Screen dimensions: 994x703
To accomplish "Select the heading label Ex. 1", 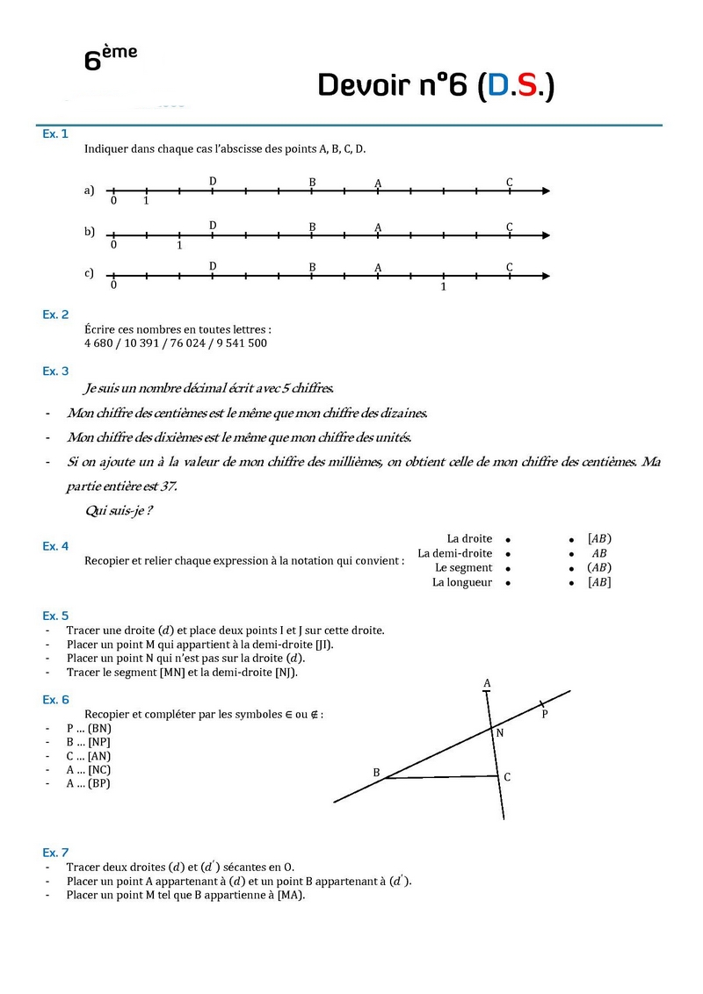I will [x=55, y=134].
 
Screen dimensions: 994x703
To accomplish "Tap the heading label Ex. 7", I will [x=55, y=853].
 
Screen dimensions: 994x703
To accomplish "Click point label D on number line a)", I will [x=213, y=181].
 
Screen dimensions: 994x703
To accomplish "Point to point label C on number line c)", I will [x=510, y=267].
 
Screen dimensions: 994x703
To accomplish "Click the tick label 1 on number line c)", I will [x=443, y=286].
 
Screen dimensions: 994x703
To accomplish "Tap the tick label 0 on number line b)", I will [x=113, y=245].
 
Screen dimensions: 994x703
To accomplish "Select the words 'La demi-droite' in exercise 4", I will [x=454, y=553].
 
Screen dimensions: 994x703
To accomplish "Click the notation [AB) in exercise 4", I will [x=599, y=538].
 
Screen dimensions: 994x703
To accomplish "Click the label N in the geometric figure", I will [x=500, y=732].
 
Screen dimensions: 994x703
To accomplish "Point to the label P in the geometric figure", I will [x=545, y=714].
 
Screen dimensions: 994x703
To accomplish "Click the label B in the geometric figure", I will [x=376, y=773].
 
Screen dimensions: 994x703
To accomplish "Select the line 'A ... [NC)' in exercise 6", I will [x=88, y=770].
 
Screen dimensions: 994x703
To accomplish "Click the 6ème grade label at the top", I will [x=110, y=58].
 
